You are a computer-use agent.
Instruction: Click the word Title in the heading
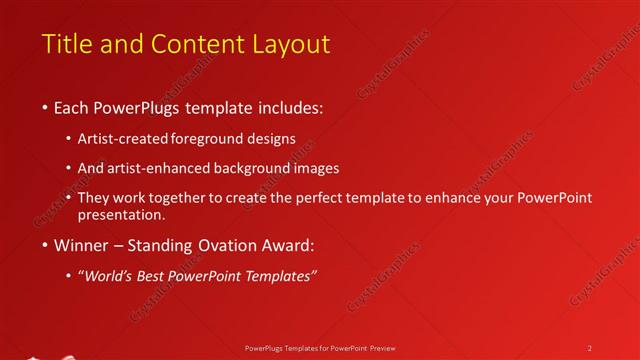[x=65, y=44]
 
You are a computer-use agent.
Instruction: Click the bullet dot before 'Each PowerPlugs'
[x=46, y=106]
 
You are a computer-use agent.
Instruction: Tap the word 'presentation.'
[x=127, y=214]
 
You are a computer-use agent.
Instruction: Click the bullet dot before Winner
[x=46, y=244]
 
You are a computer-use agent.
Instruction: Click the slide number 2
[x=589, y=347]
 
